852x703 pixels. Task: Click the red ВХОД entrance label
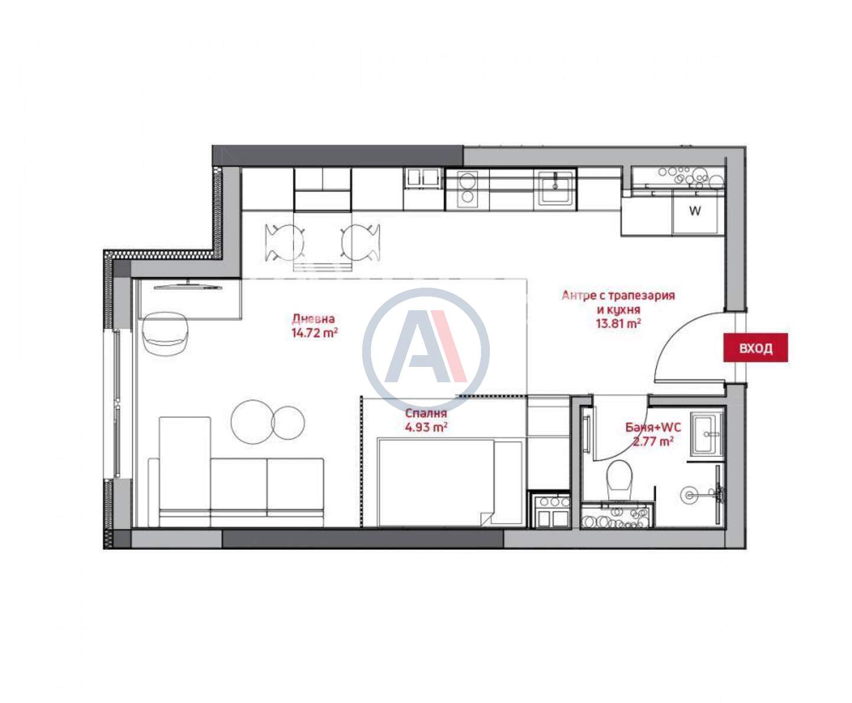pos(756,347)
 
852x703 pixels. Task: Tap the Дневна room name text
pos(314,318)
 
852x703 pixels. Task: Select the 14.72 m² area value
pos(315,333)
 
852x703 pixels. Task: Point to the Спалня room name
pos(425,413)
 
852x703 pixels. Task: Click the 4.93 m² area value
pos(425,427)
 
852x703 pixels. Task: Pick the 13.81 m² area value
pos(618,324)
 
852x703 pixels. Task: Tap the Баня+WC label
pos(653,427)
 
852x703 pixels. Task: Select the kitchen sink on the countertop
pos(555,188)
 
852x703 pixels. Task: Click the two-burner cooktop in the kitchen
pos(467,189)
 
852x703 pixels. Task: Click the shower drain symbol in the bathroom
pos(689,495)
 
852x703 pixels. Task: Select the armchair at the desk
pos(165,334)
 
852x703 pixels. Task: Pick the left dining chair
pos(285,243)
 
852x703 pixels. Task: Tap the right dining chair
pos(361,243)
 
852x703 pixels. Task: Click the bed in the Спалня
pos(450,482)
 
